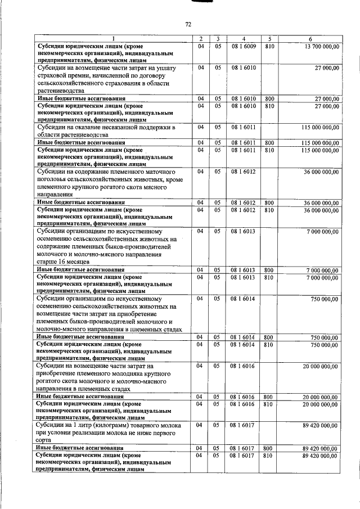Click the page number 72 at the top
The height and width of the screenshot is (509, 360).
188,24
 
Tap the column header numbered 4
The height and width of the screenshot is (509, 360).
244,38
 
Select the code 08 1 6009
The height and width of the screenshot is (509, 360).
244,46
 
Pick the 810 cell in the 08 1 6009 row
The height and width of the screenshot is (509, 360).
269,46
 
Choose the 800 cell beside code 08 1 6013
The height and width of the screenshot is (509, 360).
269,270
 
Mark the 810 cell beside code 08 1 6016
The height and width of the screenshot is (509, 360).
269,404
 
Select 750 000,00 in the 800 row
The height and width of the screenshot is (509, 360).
325,337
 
